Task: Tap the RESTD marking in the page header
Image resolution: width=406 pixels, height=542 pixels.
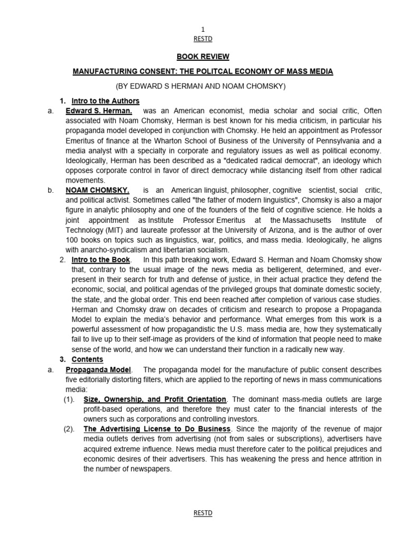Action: tap(203, 39)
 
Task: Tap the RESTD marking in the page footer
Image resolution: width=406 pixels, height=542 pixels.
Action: tap(203, 513)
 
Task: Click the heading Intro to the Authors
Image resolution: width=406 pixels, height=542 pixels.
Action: tap(106, 101)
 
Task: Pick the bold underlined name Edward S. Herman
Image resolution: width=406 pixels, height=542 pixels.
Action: tap(99, 111)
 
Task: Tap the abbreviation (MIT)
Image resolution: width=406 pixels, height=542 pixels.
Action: tap(113, 230)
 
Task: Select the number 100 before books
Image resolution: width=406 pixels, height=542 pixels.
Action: tap(72, 240)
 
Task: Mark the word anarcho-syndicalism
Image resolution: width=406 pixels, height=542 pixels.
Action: tap(117, 249)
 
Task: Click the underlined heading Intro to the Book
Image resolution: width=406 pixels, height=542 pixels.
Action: tap(100, 259)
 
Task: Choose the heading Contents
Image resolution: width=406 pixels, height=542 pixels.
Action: tap(87, 359)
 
